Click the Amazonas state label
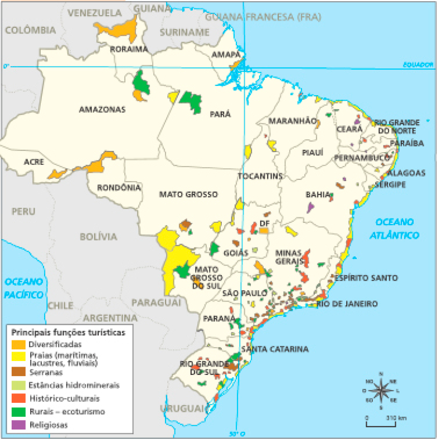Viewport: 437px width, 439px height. (x=102, y=110)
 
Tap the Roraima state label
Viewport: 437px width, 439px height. (x=129, y=49)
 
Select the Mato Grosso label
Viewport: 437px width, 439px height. (x=188, y=194)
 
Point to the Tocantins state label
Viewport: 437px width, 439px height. (x=260, y=176)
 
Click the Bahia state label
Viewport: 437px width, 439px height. (x=318, y=194)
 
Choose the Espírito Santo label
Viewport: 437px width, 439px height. (x=366, y=277)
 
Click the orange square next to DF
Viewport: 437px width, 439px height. (x=264, y=230)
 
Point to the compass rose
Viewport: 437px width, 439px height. (x=381, y=390)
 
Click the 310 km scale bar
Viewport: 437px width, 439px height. (x=381, y=425)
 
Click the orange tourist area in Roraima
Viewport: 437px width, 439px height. (x=118, y=32)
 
